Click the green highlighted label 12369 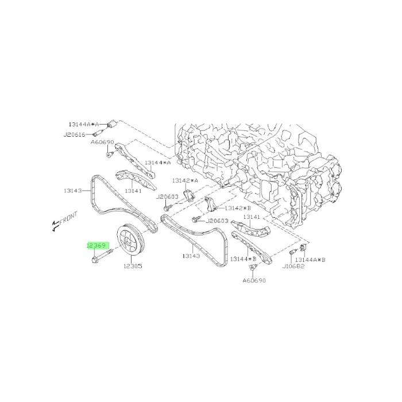96,246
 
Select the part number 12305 133,266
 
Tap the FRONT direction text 68,218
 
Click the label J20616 74,134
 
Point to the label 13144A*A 84,125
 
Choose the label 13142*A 185,180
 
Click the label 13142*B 238,208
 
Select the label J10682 293,266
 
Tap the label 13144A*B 310,260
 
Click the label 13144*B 243,259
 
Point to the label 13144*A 158,163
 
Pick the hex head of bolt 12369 94,260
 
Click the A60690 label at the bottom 254,280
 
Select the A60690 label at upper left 102,142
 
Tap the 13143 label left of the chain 72,191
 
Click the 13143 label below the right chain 191,256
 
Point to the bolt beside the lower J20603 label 196,219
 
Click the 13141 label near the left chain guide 133,191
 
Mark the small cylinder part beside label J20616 98,133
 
